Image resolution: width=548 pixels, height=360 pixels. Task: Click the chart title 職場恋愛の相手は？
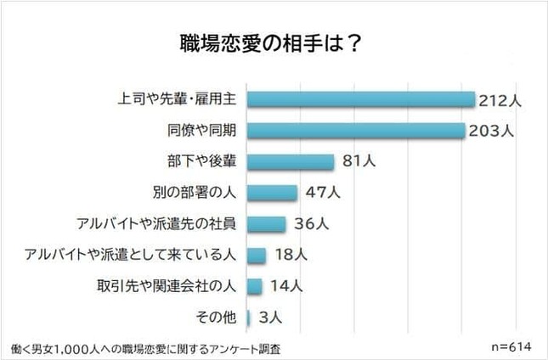pos(274,43)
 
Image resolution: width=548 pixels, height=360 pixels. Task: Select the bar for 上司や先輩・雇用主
pos(360,100)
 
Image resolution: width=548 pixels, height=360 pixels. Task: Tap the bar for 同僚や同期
pos(356,131)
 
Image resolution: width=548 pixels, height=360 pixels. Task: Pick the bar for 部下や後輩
pos(291,162)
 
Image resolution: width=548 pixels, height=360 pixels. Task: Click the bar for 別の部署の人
pos(272,193)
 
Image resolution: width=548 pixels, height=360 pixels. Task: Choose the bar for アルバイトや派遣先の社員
pos(267,224)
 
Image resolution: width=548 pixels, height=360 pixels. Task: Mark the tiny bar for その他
pos(248,318)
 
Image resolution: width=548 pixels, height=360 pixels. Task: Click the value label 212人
pos(500,100)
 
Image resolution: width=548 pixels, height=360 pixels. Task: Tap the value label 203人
pos(491,132)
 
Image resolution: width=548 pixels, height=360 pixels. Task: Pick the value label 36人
pos(309,224)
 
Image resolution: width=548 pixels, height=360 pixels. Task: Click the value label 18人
pos(290,255)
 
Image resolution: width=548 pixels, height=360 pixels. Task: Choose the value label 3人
pos(271,318)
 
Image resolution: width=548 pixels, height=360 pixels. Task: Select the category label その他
pos(216,318)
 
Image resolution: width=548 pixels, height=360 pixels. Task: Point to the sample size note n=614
pos(511,347)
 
